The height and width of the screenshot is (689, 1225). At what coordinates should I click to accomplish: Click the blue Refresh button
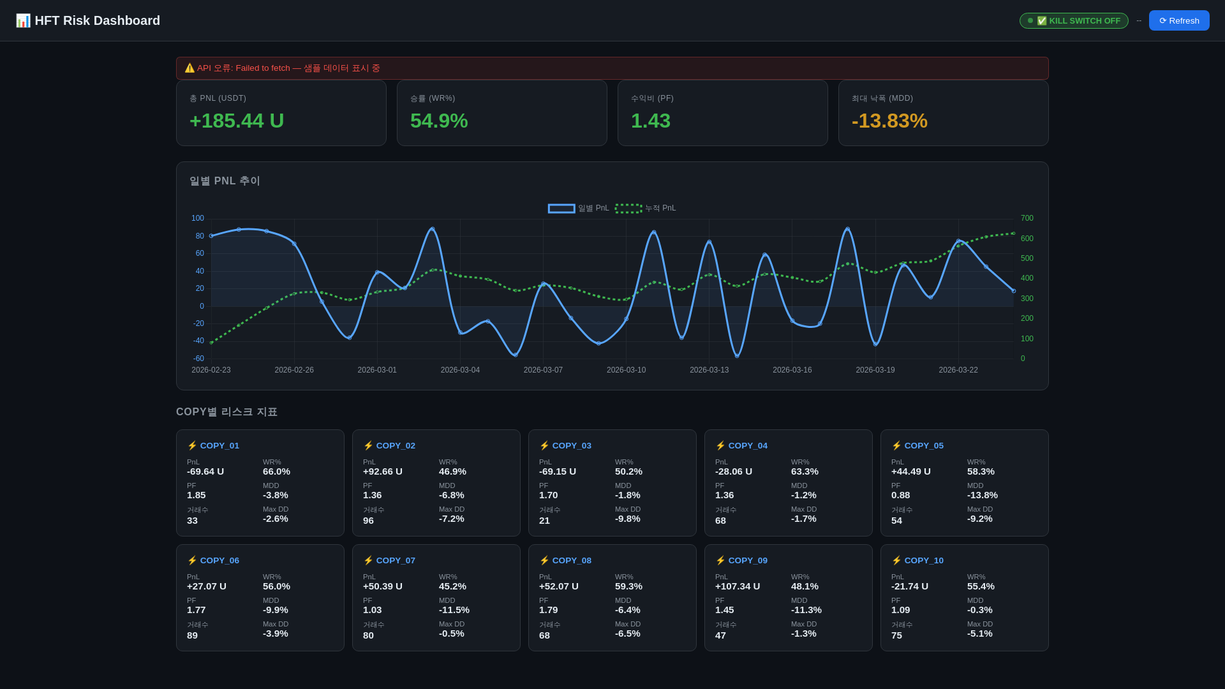point(1178,20)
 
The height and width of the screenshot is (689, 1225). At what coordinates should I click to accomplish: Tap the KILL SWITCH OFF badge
point(1073,20)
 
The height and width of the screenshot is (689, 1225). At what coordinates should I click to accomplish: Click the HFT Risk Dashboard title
point(97,20)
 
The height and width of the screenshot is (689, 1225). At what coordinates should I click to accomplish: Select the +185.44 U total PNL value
point(236,121)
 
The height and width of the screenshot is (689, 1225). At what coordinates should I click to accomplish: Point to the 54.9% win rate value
point(438,121)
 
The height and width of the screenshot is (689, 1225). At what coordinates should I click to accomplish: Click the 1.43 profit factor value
point(650,121)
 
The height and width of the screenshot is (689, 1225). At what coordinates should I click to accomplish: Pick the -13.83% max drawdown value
point(889,121)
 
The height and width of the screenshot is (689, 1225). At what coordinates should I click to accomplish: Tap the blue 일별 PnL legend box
point(561,209)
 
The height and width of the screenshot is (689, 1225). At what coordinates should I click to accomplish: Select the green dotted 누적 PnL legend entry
point(645,209)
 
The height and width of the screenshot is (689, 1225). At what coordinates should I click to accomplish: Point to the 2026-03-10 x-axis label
point(625,370)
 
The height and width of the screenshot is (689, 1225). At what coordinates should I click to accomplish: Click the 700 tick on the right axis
point(1027,218)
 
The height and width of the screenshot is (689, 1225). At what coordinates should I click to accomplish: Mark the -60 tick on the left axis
point(198,359)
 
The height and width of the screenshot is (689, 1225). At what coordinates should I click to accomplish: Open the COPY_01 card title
point(219,446)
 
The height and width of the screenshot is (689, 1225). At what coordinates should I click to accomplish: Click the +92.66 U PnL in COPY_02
point(382,471)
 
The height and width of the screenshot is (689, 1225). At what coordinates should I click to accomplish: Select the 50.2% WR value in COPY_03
point(628,471)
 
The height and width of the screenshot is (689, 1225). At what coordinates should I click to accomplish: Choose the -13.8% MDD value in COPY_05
point(982,495)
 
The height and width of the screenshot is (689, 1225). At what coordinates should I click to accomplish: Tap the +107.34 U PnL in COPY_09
point(737,586)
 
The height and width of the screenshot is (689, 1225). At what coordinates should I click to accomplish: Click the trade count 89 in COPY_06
point(192,635)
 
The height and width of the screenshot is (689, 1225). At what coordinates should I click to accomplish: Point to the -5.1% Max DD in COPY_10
point(979,633)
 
